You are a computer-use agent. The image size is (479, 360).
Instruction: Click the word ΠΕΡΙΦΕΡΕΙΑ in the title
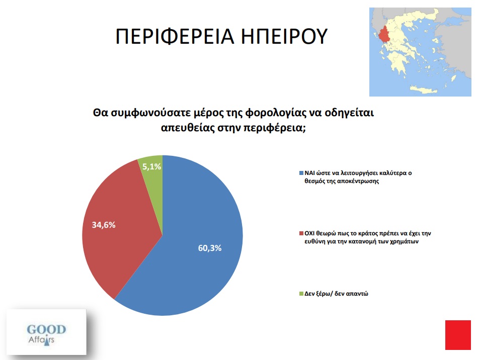[x=175, y=36]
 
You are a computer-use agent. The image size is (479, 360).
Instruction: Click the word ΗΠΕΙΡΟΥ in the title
[x=284, y=36]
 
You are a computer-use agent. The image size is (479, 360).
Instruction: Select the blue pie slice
[x=189, y=244]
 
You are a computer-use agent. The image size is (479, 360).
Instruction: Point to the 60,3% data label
[x=209, y=248]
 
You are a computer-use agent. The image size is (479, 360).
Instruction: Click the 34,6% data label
[x=104, y=225]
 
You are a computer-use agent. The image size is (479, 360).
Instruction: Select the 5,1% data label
[x=151, y=166]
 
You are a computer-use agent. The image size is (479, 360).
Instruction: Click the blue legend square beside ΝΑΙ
[x=301, y=173]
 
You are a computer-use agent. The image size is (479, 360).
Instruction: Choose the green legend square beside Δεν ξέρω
[x=301, y=294]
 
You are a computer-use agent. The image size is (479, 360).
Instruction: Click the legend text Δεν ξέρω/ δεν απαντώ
[x=336, y=294]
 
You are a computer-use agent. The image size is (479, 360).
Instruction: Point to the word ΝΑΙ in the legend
[x=310, y=173]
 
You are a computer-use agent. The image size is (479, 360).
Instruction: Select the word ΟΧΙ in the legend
[x=310, y=234]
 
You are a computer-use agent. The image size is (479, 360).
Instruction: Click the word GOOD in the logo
[x=46, y=329]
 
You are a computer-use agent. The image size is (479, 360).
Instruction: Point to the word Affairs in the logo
[x=41, y=340]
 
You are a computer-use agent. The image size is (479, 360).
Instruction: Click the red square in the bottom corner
[x=458, y=335]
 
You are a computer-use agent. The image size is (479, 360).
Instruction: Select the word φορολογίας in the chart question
[x=274, y=113]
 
